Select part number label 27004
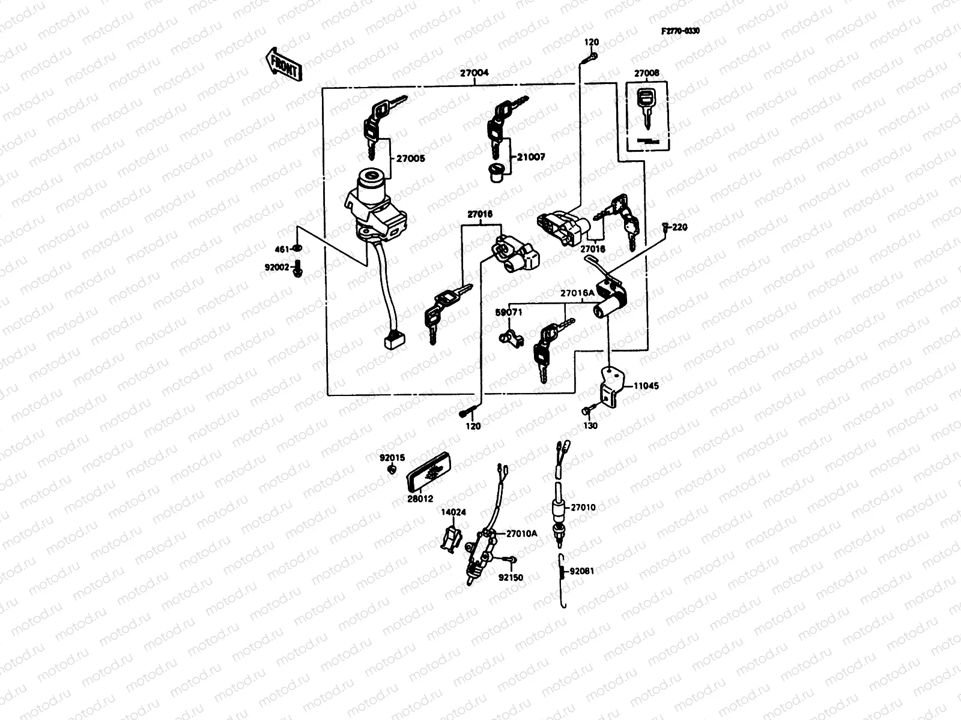(x=474, y=73)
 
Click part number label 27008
(x=646, y=73)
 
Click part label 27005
(x=410, y=159)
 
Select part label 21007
(x=530, y=157)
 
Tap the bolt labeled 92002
(x=299, y=273)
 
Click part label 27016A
(x=577, y=293)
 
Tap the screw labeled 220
(x=665, y=227)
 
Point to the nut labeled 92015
(x=392, y=470)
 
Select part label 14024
(x=453, y=513)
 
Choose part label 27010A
(x=521, y=533)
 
